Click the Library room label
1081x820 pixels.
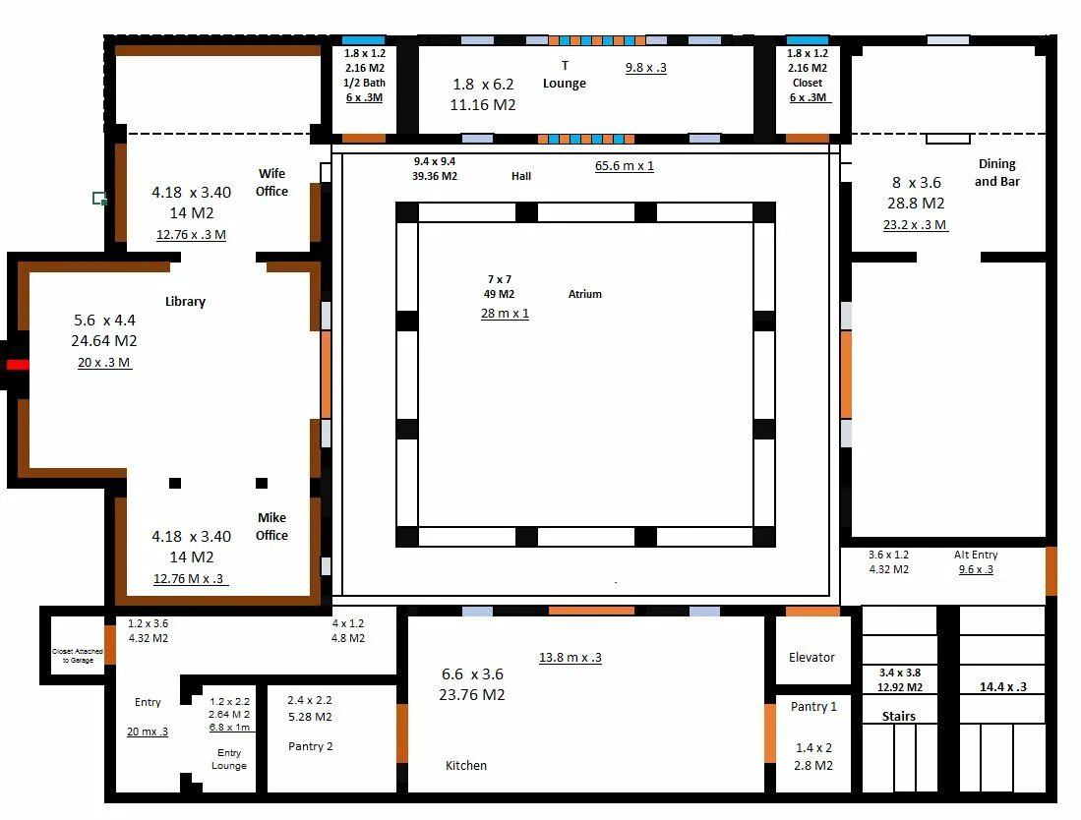[x=186, y=301]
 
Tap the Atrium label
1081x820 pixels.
[x=584, y=294]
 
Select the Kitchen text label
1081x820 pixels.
[x=466, y=766]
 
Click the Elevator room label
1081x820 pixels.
[x=811, y=658]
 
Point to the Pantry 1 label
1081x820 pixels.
[x=813, y=706]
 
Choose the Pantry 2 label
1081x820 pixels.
[x=310, y=746]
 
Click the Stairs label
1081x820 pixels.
[x=899, y=716]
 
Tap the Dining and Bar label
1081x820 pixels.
[x=996, y=172]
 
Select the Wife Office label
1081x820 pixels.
[x=271, y=183]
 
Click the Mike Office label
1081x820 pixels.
[x=271, y=526]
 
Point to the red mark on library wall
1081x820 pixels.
[x=18, y=365]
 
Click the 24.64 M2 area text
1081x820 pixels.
[x=104, y=340]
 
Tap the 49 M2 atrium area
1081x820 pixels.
[x=499, y=294]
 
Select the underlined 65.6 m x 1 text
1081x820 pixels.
[x=625, y=166]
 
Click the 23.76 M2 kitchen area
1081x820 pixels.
[x=472, y=694]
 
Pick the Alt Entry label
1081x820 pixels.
[x=976, y=555]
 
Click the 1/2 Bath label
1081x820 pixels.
[x=365, y=83]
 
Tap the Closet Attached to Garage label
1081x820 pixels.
[x=77, y=655]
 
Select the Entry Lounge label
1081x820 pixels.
[x=229, y=759]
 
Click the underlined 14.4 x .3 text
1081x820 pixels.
[x=1003, y=687]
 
